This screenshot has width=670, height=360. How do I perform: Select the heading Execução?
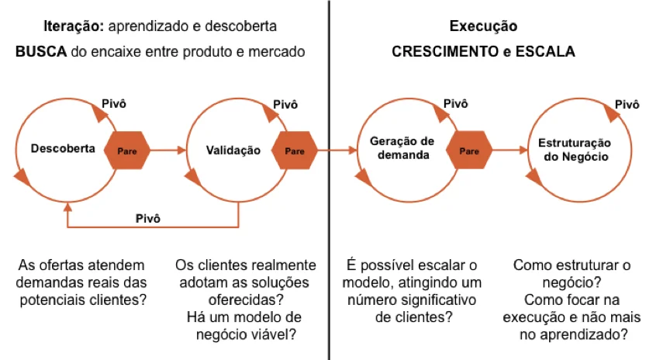(x=483, y=26)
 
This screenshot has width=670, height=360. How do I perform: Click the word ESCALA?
(x=547, y=52)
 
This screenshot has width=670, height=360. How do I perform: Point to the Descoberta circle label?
(x=63, y=148)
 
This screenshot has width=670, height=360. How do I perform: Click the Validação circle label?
(x=233, y=151)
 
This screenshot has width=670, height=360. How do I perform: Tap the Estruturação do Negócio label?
(x=575, y=150)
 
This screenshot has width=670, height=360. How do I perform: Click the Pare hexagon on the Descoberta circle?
(x=126, y=151)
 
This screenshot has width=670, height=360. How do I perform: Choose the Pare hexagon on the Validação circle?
(x=295, y=151)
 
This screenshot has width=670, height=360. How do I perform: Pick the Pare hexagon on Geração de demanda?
(x=469, y=151)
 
